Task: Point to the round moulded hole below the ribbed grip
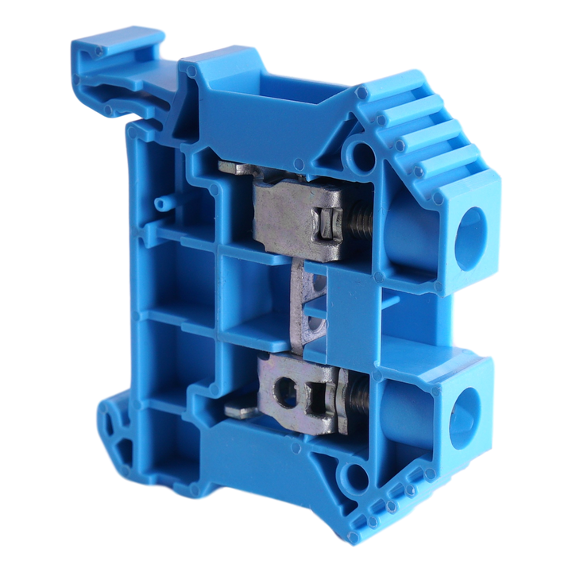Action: (x=362, y=153)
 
